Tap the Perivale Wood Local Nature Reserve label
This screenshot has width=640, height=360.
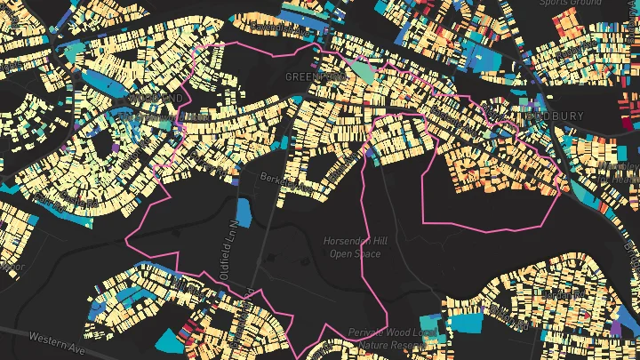click(392, 337)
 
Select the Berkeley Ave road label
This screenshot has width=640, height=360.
click(282, 182)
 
